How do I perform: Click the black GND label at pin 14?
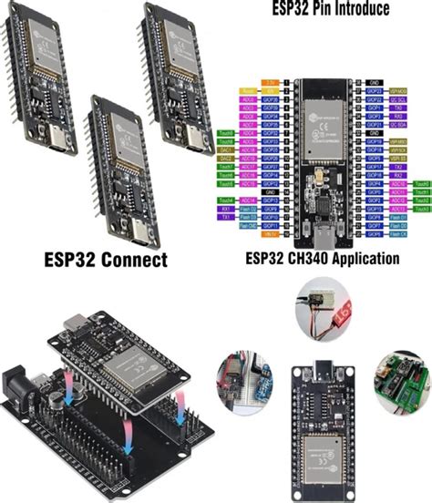pos(271,192)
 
